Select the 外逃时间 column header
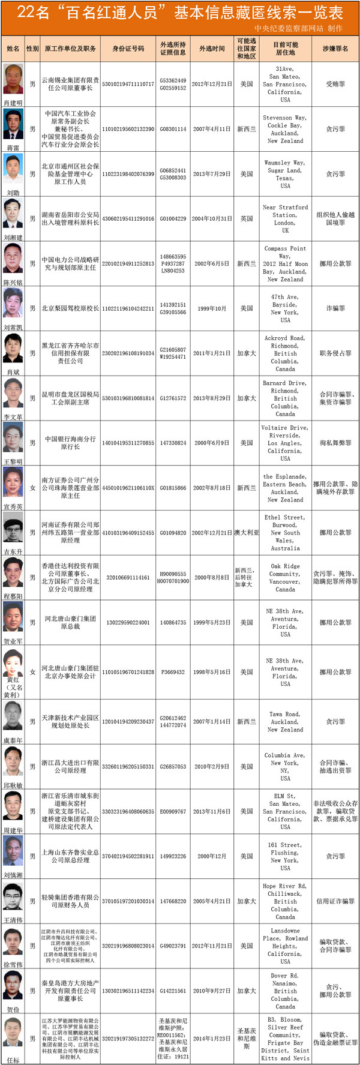pos(212,49)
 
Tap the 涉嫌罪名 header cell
pos(335,49)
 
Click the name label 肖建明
pos(13,103)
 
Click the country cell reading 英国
pos(247,219)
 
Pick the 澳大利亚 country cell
pos(247,533)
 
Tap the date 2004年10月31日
pos(212,219)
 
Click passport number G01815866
pos(173,488)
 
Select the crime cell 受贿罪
pos(335,85)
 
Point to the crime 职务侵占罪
pos(335,353)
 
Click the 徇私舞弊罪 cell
pos(335,443)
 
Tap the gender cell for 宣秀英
pos(33,488)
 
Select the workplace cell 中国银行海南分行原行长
pos(70,443)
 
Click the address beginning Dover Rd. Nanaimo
pos(285,991)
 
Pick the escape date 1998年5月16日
pos(212,672)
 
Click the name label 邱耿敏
pos(13,785)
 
